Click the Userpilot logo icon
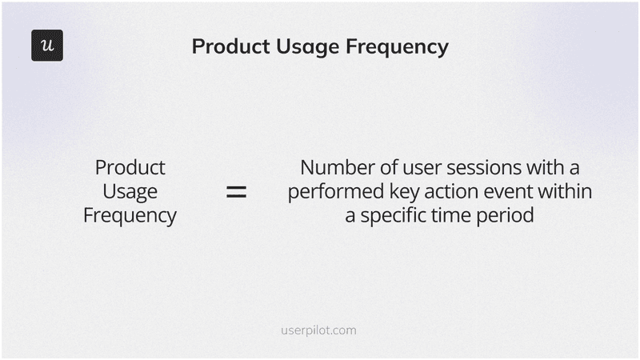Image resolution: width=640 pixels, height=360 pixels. point(47,46)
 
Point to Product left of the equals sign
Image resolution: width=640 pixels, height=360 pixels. point(130,168)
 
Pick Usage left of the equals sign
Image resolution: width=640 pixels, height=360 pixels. point(130,192)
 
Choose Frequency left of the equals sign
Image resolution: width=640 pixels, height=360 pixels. point(130,216)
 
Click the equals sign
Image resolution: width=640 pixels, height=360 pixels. point(236,192)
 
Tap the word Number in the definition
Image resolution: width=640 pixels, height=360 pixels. point(336,168)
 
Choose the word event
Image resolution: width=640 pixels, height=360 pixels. point(502,192)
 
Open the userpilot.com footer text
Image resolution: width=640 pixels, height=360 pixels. point(319,330)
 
